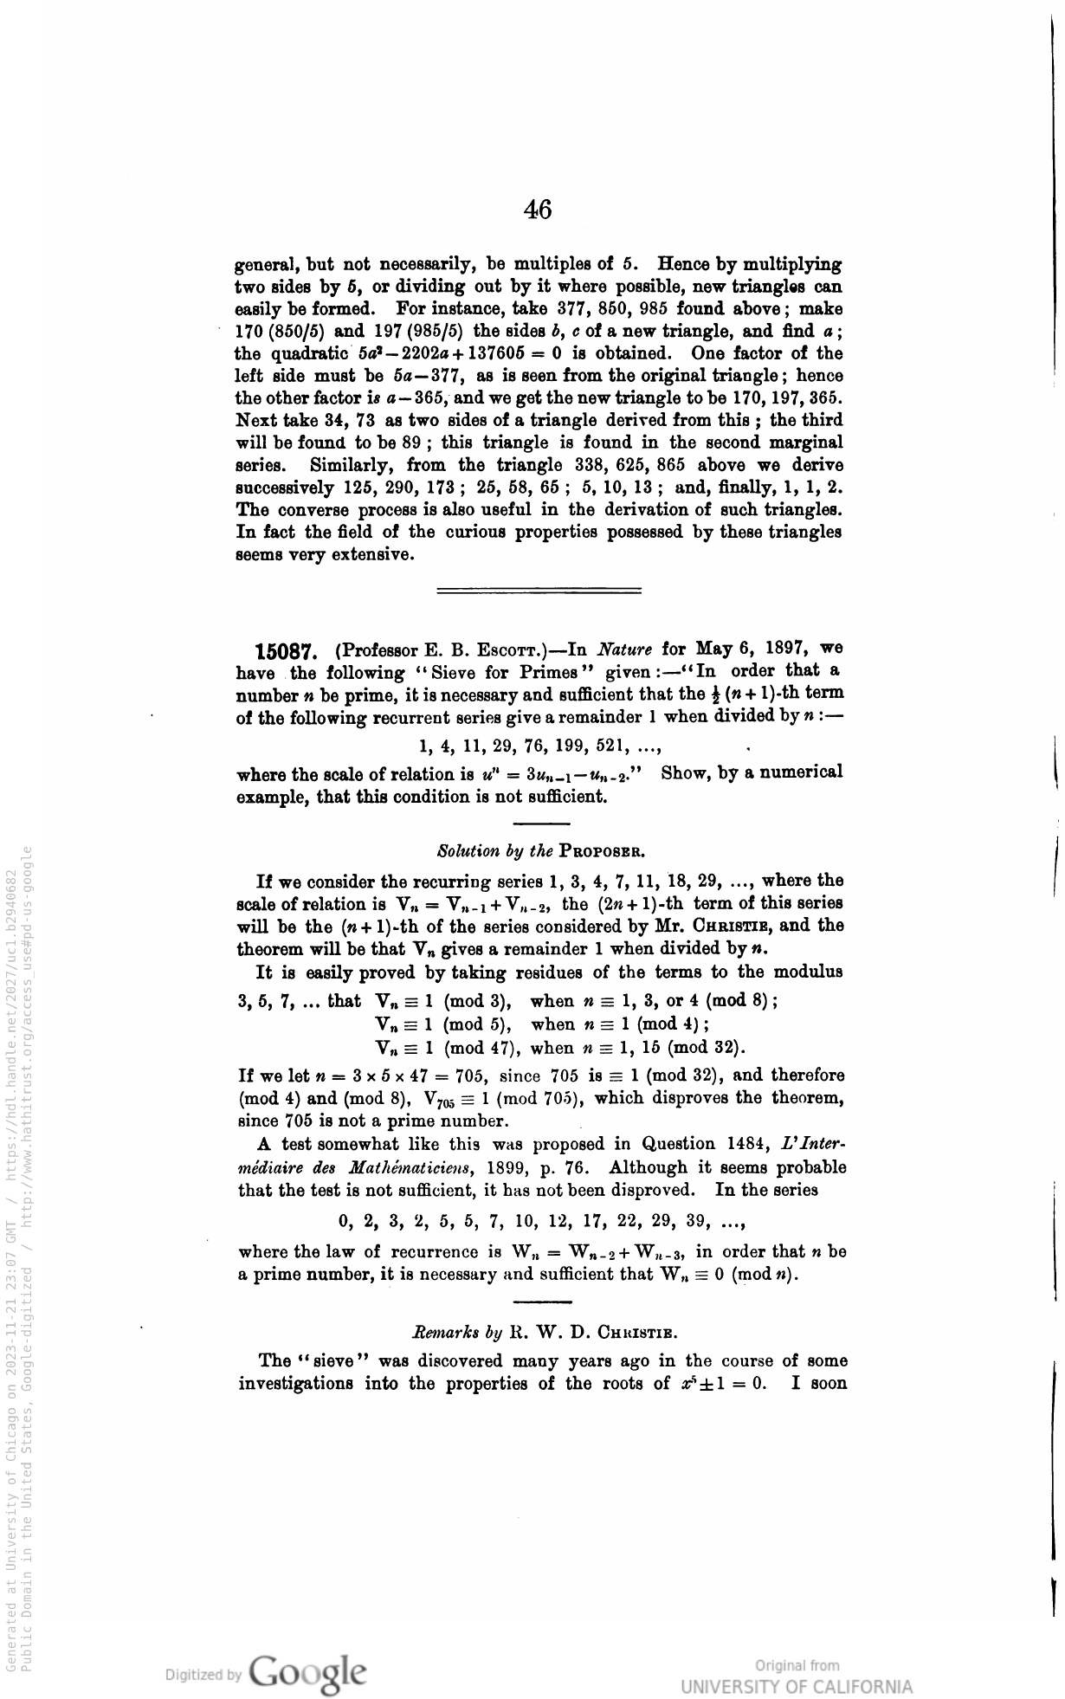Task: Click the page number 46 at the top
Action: point(538,210)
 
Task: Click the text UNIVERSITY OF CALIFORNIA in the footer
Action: point(797,1687)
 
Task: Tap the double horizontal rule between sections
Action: point(539,591)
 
